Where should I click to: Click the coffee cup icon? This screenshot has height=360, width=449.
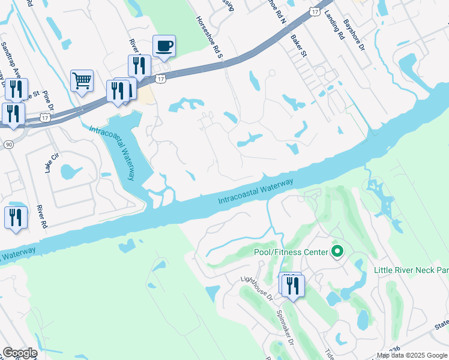pos(164,46)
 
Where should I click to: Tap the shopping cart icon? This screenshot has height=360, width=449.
pos(82,80)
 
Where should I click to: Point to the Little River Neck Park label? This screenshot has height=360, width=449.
pos(411,270)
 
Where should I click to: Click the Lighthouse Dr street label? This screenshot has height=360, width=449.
pos(256,287)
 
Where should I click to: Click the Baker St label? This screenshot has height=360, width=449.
pos(298,44)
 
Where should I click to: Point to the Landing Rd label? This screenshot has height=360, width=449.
pos(334,26)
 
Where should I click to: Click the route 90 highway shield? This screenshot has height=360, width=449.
pos(7,146)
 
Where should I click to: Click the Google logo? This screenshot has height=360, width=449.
pos(20,353)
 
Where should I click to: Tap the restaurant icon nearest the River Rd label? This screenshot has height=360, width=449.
pos(15,218)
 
